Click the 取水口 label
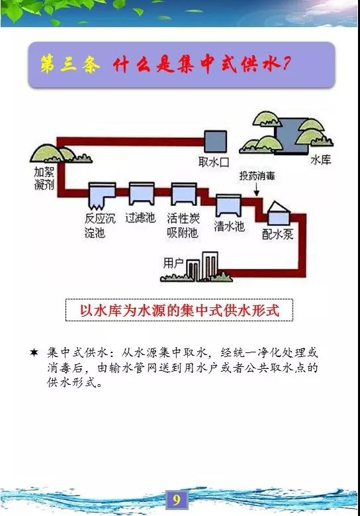click(214, 162)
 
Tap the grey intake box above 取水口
click(216, 141)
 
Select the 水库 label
click(320, 160)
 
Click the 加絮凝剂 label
click(44, 178)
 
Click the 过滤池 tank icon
click(142, 194)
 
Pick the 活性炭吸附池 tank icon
click(184, 194)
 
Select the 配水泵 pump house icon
click(279, 213)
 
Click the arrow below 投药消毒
click(257, 189)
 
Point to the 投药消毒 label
click(257, 176)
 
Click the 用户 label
click(173, 263)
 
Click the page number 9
click(177, 500)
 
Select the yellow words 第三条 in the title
click(70, 64)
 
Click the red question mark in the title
click(286, 63)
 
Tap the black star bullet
click(34, 352)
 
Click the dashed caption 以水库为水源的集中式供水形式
click(179, 310)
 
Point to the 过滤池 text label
click(140, 217)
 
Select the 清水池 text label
click(229, 226)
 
